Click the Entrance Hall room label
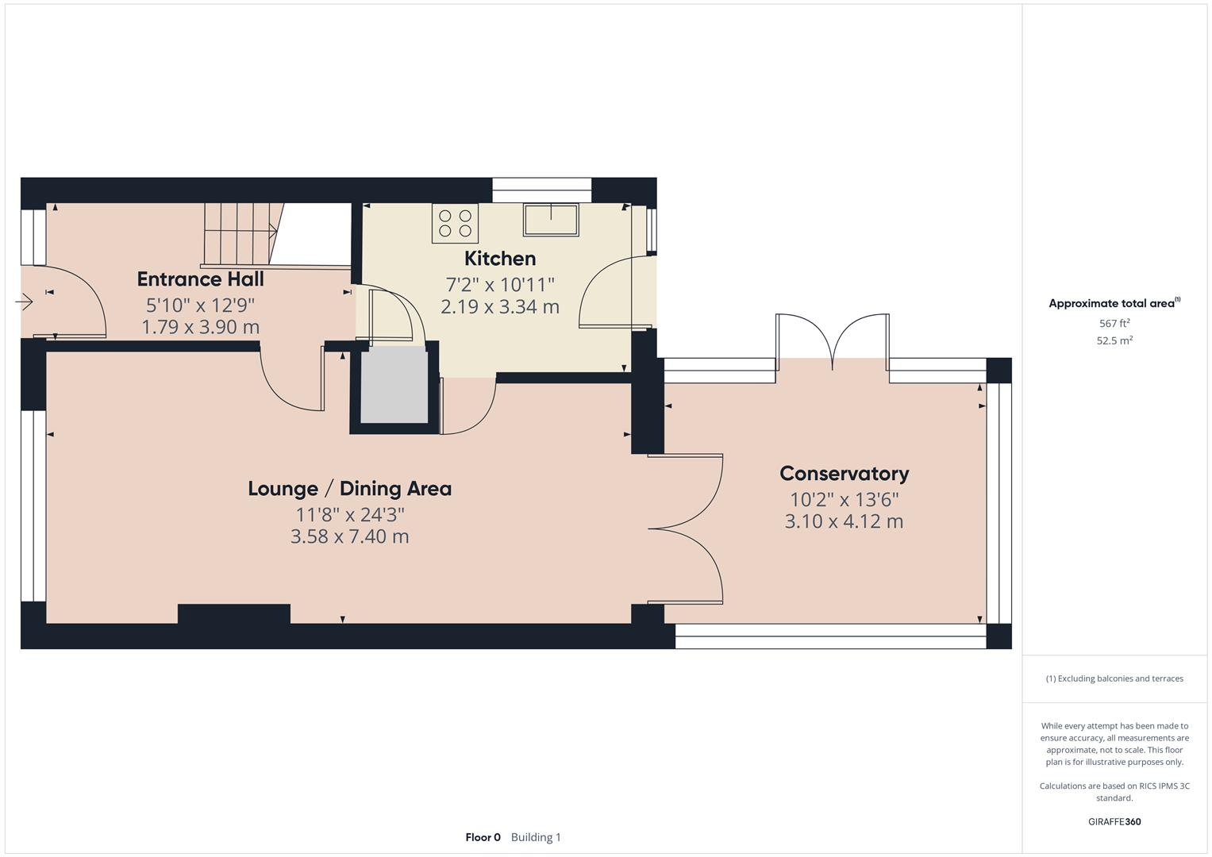(200, 279)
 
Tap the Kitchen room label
(499, 259)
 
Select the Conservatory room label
(844, 474)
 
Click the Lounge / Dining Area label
(349, 489)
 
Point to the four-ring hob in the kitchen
(455, 223)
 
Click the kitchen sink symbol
(550, 220)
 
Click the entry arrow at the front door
(24, 302)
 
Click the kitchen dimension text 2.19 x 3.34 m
(499, 307)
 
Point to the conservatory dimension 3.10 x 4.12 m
(844, 521)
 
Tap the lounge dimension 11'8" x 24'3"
(349, 514)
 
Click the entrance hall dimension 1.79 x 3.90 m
(200, 327)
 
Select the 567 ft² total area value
(1114, 324)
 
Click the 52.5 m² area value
(1114, 340)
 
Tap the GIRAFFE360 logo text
(1114, 821)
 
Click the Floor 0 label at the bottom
(483, 837)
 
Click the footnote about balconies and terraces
(1114, 678)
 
